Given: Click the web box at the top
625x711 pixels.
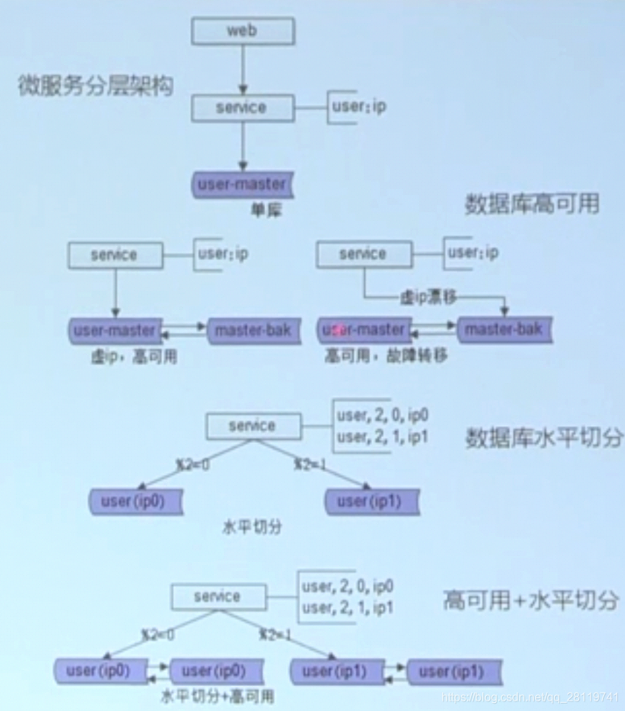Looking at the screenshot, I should [x=243, y=31].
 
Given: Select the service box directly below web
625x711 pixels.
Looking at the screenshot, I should [x=241, y=108].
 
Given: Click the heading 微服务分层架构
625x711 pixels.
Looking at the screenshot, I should [x=95, y=87].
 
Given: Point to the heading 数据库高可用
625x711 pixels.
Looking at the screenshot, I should [x=532, y=205].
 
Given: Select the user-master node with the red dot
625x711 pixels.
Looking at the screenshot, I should [x=363, y=330].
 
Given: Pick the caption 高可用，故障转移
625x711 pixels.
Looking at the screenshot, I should [x=386, y=356].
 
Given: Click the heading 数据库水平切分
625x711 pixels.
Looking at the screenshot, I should [x=544, y=438].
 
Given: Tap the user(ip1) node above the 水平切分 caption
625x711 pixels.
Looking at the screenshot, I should [x=372, y=501].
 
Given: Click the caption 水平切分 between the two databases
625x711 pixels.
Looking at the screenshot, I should [x=251, y=526].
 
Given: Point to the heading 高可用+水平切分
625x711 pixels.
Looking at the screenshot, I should [x=531, y=601].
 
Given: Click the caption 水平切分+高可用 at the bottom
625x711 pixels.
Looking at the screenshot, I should [x=218, y=696].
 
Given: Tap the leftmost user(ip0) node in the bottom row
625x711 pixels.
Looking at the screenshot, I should [x=98, y=671].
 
